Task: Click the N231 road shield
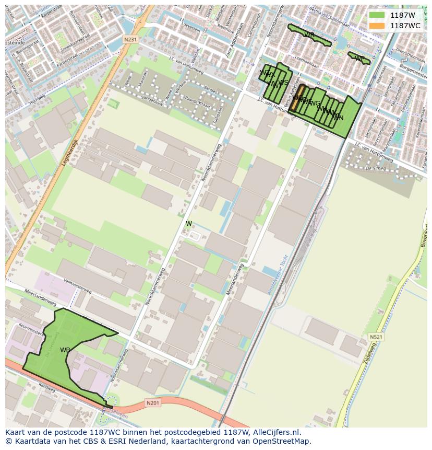(130, 39)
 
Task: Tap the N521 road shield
(376, 337)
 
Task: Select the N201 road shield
(152, 402)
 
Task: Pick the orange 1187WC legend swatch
(377, 26)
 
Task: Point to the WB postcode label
(65, 350)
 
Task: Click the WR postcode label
(309, 35)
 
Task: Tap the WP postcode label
(359, 58)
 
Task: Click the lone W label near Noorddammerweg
(189, 224)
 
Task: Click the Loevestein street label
(190, 38)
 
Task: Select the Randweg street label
(46, 389)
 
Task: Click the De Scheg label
(375, 168)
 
